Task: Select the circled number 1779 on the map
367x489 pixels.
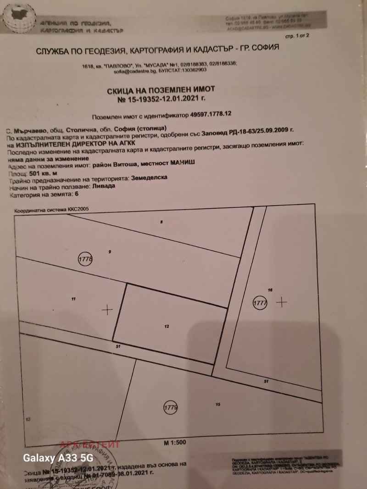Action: pyautogui.click(x=170, y=406)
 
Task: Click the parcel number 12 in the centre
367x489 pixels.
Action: pyautogui.click(x=167, y=327)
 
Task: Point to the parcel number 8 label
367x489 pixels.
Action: pyautogui.click(x=161, y=222)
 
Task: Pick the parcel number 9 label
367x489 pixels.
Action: pyautogui.click(x=110, y=252)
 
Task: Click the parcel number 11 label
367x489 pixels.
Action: pyautogui.click(x=73, y=299)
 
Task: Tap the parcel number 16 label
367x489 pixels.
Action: pyautogui.click(x=270, y=290)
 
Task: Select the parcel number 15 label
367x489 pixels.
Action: pyautogui.click(x=218, y=404)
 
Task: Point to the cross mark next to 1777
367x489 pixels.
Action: pyautogui.click(x=281, y=302)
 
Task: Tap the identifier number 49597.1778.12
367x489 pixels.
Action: pyautogui.click(x=206, y=117)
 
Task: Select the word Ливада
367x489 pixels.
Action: pyautogui.click(x=102, y=188)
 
